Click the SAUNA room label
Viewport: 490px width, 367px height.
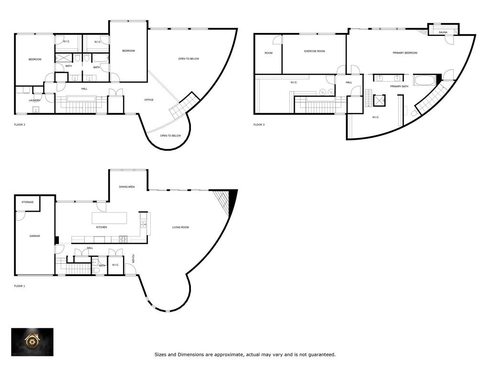click(443, 32)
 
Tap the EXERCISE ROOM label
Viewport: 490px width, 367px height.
click(314, 51)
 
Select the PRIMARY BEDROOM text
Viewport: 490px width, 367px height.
click(405, 53)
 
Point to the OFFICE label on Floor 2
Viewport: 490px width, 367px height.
click(149, 100)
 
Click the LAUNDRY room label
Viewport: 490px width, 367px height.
click(34, 100)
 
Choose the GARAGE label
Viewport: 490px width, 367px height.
click(34, 236)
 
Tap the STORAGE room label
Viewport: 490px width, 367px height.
click(28, 202)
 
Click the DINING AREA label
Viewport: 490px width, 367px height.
click(127, 187)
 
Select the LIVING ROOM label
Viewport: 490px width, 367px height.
click(180, 227)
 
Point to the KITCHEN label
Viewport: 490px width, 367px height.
click(101, 227)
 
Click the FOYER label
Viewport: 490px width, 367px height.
click(134, 258)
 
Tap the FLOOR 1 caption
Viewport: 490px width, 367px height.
click(19, 286)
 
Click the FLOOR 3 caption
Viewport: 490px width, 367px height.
click(258, 125)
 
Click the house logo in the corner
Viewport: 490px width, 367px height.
click(33, 342)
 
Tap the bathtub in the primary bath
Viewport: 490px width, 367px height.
click(424, 80)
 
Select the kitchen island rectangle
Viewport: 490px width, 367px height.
click(110, 218)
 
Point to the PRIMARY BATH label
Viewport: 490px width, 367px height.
click(399, 86)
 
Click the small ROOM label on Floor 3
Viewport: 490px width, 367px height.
click(268, 53)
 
